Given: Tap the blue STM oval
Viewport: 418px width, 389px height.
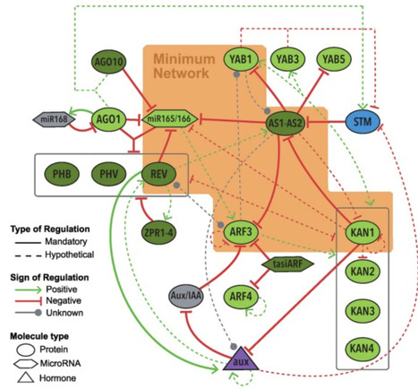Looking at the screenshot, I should pos(363,120).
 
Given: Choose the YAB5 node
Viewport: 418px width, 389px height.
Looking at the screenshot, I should pos(333,60).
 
